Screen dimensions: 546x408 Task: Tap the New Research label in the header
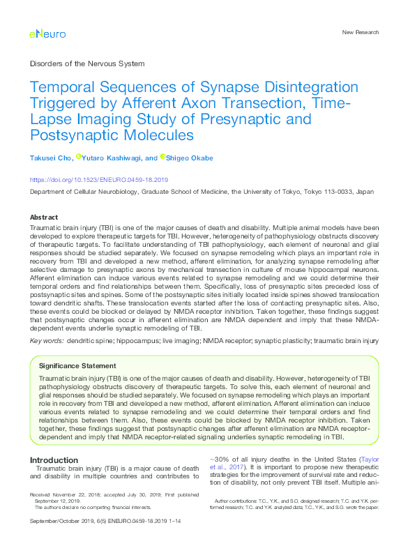360,32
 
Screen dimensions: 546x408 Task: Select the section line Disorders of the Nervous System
87,63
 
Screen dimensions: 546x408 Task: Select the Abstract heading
43,217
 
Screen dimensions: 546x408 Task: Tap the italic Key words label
45,340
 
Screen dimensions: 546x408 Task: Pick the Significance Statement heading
77,365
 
